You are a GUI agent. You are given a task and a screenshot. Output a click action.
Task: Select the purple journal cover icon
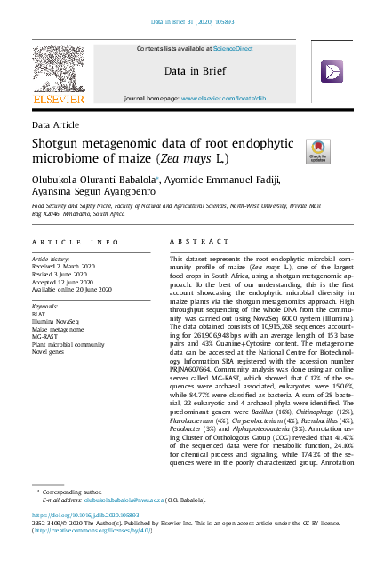tap(332, 72)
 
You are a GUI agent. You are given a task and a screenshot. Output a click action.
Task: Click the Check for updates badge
tap(317, 150)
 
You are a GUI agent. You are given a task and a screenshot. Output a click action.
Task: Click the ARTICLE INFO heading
tap(75, 242)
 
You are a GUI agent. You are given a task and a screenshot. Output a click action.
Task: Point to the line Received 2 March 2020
tap(67, 265)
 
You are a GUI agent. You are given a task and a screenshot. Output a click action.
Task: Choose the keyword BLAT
tap(39, 314)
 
